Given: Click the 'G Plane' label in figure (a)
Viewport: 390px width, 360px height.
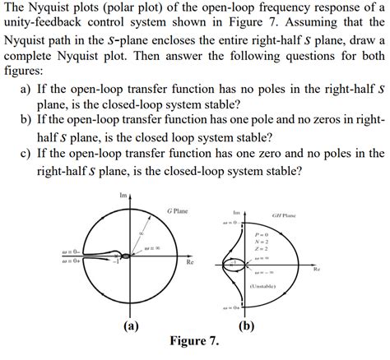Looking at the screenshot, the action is click(177, 210).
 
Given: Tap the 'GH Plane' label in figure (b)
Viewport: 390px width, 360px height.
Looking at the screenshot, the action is click(285, 215).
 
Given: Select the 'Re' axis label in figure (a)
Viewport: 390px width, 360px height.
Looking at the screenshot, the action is click(189, 263).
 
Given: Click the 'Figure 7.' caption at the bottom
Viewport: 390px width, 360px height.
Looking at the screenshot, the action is click(194, 340).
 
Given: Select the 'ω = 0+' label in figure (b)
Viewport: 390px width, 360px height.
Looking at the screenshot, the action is click(230, 308).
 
